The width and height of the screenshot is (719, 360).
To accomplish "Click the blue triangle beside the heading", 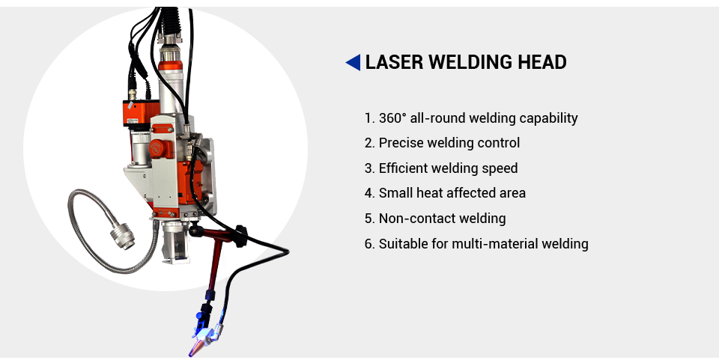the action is coord(353,62).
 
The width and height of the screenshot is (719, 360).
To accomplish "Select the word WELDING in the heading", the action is coord(470,62).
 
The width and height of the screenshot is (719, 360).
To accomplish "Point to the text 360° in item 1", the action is coord(392,118).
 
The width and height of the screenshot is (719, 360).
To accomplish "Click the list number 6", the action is coord(369,244).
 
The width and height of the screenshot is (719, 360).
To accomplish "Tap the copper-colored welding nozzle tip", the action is coord(195,347).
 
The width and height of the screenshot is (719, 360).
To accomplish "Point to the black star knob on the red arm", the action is coord(240,236).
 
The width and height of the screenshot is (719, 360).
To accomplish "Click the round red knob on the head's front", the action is coord(157,147).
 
